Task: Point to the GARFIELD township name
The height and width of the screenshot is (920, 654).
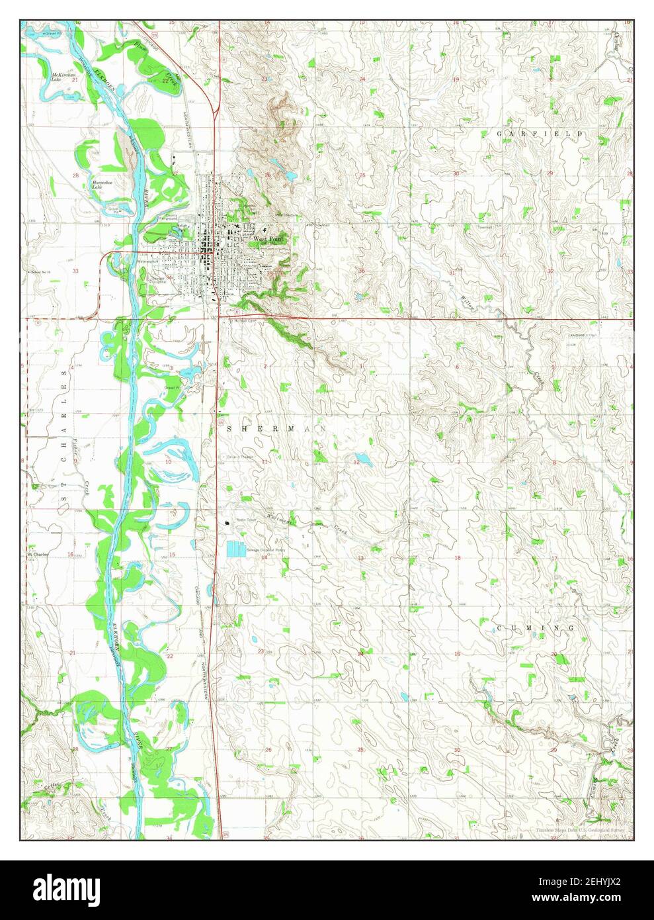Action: [x=540, y=134]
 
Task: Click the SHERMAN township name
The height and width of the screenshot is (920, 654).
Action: [x=276, y=429]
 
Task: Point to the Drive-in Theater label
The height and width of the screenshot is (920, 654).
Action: [x=241, y=457]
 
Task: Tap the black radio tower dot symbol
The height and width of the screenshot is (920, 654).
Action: [x=229, y=522]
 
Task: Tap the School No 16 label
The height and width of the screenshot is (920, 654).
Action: [x=40, y=272]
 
